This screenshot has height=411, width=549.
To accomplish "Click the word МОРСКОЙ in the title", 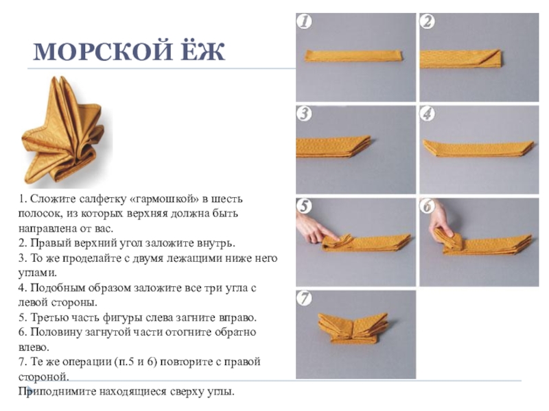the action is (x=102, y=52).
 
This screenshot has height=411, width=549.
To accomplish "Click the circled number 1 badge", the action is (x=304, y=21).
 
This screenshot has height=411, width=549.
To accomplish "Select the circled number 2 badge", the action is (x=428, y=21).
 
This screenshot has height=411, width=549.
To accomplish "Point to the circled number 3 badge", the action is (x=304, y=114).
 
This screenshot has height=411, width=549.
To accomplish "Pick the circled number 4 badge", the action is (x=428, y=114).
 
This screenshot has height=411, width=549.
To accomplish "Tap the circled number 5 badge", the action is (x=304, y=206).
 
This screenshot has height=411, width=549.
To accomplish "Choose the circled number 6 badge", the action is (x=428, y=206).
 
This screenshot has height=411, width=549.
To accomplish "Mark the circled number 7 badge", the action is (x=304, y=298).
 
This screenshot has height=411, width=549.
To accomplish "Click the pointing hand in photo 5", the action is (x=315, y=229).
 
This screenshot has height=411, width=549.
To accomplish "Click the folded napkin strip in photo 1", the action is (x=353, y=56).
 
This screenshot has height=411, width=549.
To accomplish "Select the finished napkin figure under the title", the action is (x=63, y=131).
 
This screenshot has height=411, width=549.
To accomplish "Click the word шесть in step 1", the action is (x=227, y=199).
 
